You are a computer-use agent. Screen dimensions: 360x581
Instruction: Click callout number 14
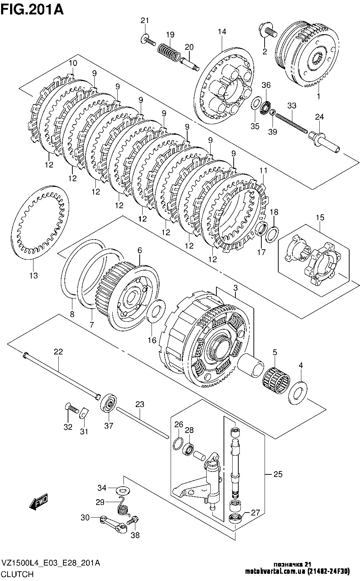[222, 32]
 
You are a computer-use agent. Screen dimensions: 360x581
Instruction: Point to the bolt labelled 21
[148, 40]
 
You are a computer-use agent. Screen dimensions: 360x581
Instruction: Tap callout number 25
[278, 474]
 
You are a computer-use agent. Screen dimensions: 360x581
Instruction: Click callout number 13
[33, 276]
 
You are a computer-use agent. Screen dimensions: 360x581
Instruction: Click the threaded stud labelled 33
[292, 123]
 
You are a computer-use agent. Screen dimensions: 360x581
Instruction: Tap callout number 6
[140, 251]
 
